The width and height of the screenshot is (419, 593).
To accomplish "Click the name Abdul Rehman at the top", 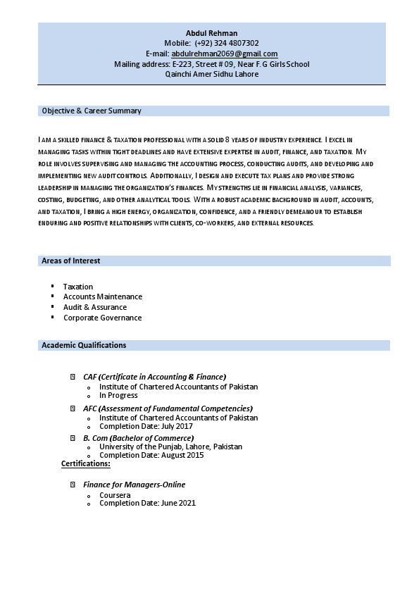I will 211,33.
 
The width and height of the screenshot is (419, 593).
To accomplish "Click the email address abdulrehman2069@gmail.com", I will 225,54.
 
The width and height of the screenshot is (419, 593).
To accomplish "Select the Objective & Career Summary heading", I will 92,111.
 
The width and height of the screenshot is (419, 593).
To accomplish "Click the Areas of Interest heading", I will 71,261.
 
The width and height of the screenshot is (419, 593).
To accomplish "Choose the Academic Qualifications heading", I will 84,345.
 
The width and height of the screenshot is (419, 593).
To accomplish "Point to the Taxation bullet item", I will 78,287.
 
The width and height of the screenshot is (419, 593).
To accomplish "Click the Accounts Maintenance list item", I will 103,296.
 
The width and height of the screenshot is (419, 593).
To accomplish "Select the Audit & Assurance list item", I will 95,307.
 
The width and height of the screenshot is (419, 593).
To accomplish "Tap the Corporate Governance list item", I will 103,318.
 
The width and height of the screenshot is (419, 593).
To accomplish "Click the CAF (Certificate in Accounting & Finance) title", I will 154,377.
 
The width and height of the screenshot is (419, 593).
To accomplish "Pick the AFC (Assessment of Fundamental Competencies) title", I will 168,408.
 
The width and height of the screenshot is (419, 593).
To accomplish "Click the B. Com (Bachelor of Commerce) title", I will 138,437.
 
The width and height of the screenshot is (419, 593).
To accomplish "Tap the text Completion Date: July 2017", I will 146,426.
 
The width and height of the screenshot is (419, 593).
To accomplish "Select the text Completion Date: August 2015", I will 151,455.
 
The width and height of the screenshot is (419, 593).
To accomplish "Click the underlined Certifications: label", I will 86,463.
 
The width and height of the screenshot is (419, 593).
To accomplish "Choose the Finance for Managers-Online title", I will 135,485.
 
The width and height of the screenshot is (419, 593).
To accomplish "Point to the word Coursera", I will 115,495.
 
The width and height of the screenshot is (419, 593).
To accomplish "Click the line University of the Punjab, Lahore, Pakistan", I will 170,447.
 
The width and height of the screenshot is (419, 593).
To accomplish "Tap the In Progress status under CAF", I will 118,395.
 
